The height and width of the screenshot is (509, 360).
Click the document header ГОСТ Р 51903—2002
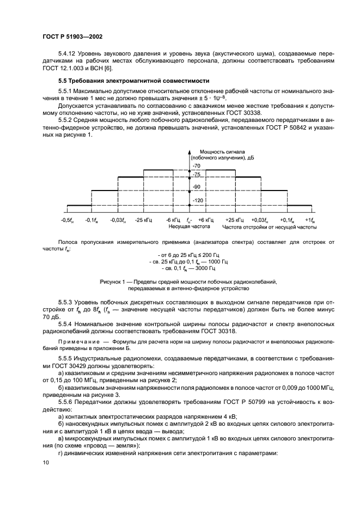pyautogui.click(x=72, y=36)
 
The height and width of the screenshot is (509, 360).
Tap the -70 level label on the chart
pyautogui.click(x=197, y=165)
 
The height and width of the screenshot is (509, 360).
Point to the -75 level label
pyautogui.click(x=197, y=174)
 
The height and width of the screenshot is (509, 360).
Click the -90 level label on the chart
pyautogui.click(x=197, y=187)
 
